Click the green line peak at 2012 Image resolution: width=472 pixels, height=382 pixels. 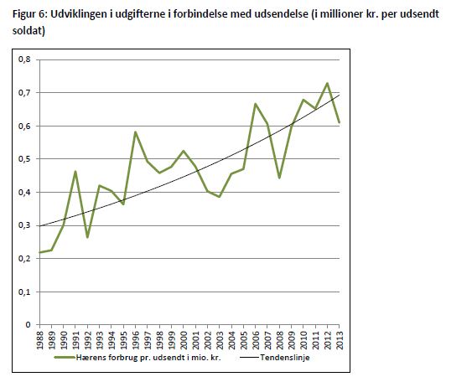pyautogui.click(x=327, y=83)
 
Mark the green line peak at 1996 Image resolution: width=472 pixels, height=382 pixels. pyautogui.click(x=136, y=132)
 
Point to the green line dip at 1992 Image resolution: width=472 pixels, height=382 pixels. pyautogui.click(x=87, y=237)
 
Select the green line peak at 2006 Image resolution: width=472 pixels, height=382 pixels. pyautogui.click(x=255, y=104)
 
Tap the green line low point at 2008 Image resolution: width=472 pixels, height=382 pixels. pyautogui.click(x=279, y=178)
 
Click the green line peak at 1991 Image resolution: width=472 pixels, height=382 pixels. pyautogui.click(x=75, y=172)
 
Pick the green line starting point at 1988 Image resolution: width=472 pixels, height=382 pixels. pyautogui.click(x=40, y=252)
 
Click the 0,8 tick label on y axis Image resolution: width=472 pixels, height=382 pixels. pyautogui.click(x=24, y=59)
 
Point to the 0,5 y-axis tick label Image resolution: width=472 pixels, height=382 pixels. pyautogui.click(x=24, y=158)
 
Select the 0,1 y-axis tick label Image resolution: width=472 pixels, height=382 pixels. pyautogui.click(x=24, y=292)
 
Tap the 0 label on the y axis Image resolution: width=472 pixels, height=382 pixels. pyautogui.click(x=28, y=324)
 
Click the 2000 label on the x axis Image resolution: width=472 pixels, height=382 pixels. pyautogui.click(x=184, y=340)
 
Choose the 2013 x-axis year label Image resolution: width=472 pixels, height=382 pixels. pyautogui.click(x=340, y=340)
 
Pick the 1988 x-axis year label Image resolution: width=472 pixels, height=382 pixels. pyautogui.click(x=39, y=340)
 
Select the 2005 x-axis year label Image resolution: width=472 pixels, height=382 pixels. pyautogui.click(x=243, y=340)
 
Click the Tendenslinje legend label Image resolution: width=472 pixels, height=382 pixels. pyautogui.click(x=285, y=358)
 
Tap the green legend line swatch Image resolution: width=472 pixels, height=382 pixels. pyautogui.click(x=65, y=358)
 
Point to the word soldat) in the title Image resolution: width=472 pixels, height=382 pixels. pyautogui.click(x=29, y=31)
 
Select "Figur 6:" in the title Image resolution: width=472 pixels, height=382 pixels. pyautogui.click(x=30, y=14)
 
